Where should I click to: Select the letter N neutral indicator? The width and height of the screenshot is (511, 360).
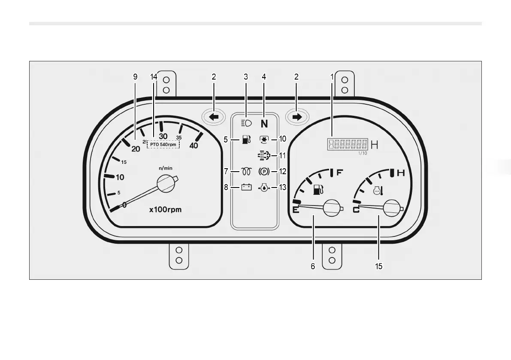(264, 124)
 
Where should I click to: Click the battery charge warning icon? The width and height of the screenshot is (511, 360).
(246, 187)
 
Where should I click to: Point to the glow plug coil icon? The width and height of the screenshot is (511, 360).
(246, 172)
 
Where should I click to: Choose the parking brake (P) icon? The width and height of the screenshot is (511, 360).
(263, 172)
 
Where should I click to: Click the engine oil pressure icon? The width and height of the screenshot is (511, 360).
(263, 188)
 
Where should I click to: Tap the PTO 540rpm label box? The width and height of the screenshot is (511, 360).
(163, 145)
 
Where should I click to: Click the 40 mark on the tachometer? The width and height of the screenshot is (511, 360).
(194, 145)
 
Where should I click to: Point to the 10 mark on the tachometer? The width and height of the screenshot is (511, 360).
(120, 177)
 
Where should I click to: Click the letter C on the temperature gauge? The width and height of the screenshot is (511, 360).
(356, 210)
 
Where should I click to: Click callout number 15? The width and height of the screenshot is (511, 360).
(378, 266)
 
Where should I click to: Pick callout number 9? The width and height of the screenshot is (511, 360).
(135, 77)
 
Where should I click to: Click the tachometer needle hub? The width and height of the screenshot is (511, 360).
(167, 184)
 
